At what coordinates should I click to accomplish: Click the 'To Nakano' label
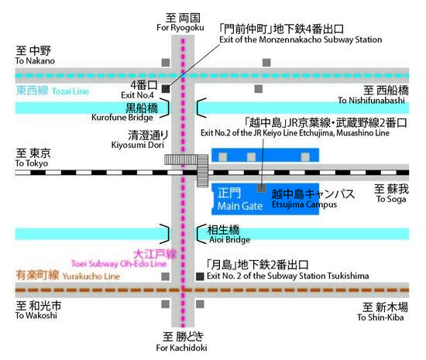(35, 61)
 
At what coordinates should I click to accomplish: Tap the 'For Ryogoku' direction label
(180, 27)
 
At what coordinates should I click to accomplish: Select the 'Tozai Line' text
(70, 91)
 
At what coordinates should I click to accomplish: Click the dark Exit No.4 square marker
(166, 89)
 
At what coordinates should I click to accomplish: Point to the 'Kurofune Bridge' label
(122, 118)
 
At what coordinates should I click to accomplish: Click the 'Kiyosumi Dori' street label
(138, 145)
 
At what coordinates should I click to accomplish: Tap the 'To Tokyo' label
(32, 163)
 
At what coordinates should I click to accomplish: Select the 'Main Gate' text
(240, 206)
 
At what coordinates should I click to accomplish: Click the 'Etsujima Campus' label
(304, 204)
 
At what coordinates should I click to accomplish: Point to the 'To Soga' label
(391, 199)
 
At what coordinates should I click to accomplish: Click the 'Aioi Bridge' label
(229, 239)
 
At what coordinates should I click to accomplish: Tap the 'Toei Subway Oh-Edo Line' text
(119, 264)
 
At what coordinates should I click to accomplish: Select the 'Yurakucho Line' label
(91, 276)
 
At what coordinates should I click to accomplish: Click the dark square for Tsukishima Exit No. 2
(200, 276)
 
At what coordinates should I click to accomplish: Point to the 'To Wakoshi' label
(36, 315)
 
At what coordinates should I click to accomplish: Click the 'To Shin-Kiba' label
(380, 317)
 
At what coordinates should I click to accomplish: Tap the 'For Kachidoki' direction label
(181, 348)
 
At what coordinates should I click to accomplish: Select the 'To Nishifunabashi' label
(371, 101)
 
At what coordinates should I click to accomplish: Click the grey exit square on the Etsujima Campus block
(261, 188)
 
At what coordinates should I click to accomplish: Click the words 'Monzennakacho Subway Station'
(321, 39)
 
